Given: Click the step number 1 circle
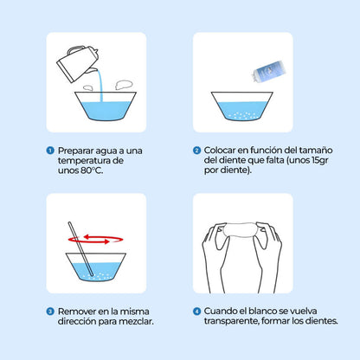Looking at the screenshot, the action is tap(50, 151).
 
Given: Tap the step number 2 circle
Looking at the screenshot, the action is tap(196, 151).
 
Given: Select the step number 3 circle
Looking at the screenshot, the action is tap(50, 312).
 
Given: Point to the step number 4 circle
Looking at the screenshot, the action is tap(196, 312).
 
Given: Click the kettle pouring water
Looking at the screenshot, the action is tap(78, 63).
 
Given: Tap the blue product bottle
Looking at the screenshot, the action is tap(268, 71).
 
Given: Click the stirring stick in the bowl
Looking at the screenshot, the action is tap(80, 248).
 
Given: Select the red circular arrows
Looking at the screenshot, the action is tap(95, 239).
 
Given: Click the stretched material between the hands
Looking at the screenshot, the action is tap(241, 230).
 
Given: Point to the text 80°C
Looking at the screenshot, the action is tap(92, 170).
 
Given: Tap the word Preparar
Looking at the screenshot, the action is tap(75, 151).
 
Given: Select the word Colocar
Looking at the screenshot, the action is tap(220, 151).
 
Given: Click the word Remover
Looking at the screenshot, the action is tap(77, 312).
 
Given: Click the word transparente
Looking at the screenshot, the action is tap(231, 321).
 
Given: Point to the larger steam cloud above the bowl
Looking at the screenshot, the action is tap(124, 85).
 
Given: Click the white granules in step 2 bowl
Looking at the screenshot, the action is tap(242, 115).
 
